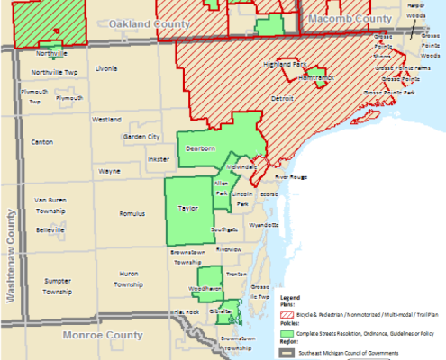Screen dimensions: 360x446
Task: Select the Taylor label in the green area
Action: (x=187, y=207)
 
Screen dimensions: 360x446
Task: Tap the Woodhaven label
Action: (x=205, y=288)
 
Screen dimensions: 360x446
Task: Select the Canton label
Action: (x=41, y=142)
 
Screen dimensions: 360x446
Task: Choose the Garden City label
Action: (x=141, y=137)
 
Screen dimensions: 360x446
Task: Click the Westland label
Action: (x=106, y=119)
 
